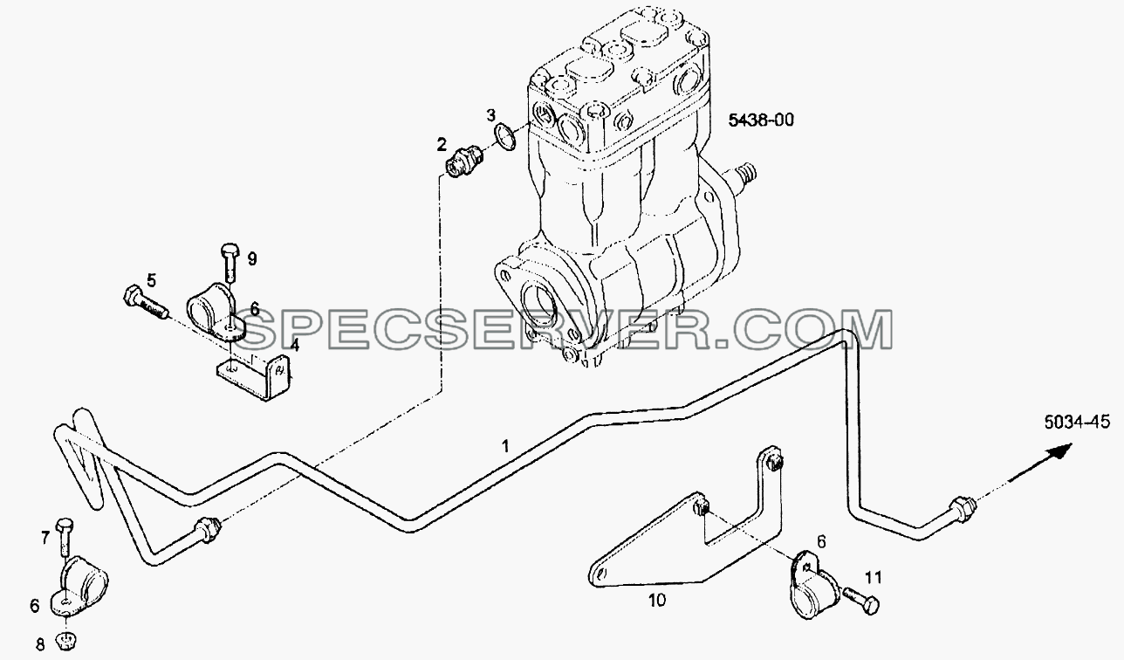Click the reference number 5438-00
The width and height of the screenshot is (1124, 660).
[761, 120]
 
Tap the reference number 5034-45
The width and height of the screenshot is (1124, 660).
[1077, 422]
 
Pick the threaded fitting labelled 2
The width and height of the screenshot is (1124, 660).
[464, 161]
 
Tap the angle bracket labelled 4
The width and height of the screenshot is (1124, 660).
[256, 376]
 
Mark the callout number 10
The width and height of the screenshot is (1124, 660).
[657, 600]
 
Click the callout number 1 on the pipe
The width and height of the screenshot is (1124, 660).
[505, 446]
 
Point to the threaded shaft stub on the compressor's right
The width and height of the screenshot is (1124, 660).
[744, 177]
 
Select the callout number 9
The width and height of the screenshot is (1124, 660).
[252, 259]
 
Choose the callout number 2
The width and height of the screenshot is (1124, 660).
[442, 145]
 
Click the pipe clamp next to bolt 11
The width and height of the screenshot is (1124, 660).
[815, 584]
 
